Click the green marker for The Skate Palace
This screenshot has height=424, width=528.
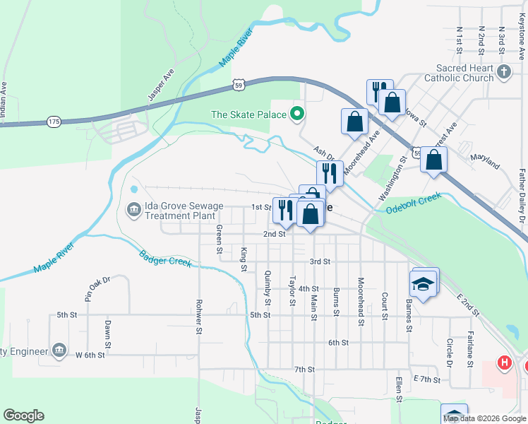[x=297, y=114]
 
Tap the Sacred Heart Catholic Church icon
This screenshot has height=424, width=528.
[x=503, y=71]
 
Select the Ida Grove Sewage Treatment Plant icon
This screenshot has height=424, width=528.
[x=133, y=210]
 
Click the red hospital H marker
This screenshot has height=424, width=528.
[x=504, y=363]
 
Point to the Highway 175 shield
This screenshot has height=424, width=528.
[x=54, y=122]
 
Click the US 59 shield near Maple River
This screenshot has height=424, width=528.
[x=240, y=85]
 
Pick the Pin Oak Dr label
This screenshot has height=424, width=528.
[x=97, y=290]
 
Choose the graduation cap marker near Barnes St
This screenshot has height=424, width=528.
[x=423, y=284]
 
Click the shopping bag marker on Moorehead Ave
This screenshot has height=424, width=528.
[x=354, y=121]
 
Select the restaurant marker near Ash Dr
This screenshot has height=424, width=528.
[x=330, y=172]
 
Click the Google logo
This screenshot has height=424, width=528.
[x=23, y=416]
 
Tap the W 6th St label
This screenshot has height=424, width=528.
[x=90, y=355]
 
